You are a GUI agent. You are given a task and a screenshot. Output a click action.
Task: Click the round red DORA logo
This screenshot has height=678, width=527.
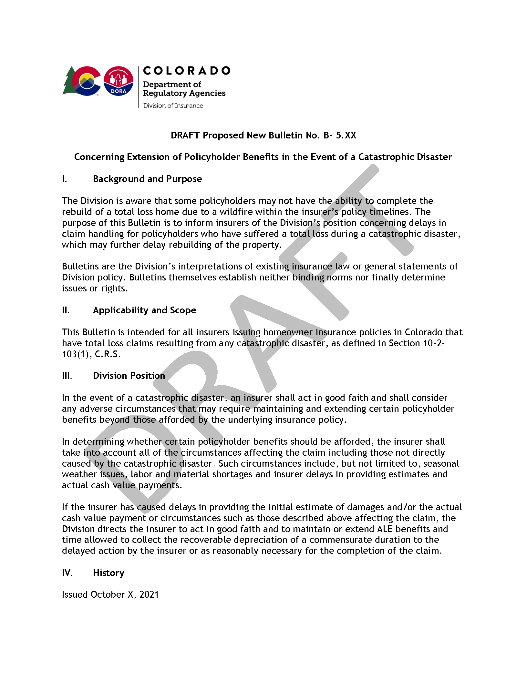pos(118,81)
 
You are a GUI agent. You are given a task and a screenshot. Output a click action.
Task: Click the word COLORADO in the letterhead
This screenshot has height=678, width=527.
pos(186,71)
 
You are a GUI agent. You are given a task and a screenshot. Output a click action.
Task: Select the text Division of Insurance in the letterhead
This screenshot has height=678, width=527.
pos(173,106)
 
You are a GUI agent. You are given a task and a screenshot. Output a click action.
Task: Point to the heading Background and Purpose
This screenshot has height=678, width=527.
pos(147,179)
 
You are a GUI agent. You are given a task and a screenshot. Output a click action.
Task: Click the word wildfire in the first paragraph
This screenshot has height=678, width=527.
pos(236,212)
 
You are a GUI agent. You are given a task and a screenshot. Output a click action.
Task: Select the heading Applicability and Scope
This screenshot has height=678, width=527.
pos(144,310)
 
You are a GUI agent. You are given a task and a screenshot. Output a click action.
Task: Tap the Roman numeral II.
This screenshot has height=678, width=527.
pos(66,310)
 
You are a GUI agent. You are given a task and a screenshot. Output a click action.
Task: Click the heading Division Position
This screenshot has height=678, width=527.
pos(129,376)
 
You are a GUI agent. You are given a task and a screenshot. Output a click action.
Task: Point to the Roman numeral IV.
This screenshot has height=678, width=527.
pos(67,573)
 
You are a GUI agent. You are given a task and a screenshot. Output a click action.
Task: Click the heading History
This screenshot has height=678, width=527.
pos(108,573)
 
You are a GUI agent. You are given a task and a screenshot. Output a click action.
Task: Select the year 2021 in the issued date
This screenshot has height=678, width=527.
pos(149,594)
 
